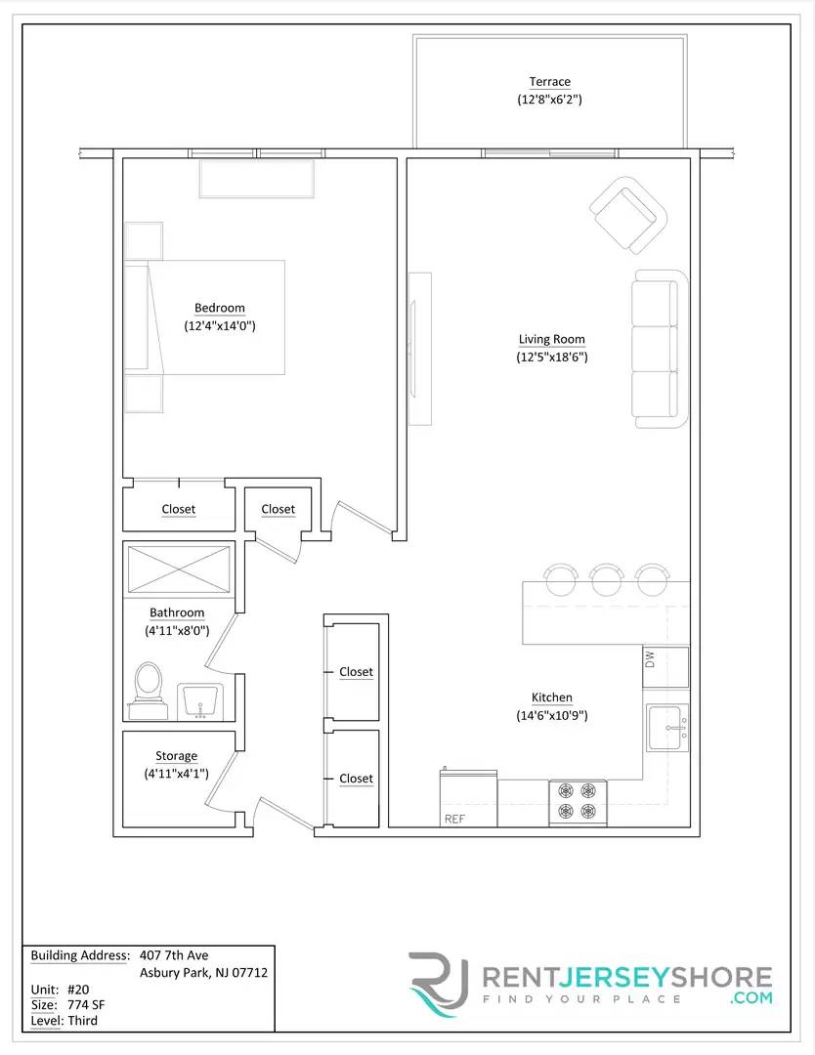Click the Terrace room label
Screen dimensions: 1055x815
549,82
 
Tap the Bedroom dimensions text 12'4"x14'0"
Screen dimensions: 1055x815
220,326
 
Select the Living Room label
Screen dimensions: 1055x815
551,340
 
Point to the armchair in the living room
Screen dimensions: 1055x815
627,214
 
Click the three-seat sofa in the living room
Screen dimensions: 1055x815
656,349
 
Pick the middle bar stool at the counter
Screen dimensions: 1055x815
607,577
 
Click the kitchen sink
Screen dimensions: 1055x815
668,728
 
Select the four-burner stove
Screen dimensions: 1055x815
578,802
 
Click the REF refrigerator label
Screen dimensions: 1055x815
454,820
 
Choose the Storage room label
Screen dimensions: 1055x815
176,756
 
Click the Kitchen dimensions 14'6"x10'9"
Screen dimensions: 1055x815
552,715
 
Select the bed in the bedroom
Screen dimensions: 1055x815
205,316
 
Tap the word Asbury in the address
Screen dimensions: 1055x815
160,973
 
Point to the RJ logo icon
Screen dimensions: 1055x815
441,985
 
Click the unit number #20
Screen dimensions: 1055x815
76,989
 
